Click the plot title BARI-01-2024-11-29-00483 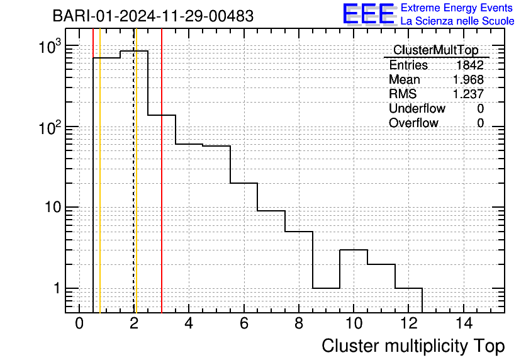click(x=153, y=16)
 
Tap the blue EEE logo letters click(x=368, y=14)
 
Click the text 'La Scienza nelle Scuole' click(x=457, y=21)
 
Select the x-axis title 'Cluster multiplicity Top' click(x=413, y=346)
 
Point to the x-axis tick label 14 click(x=464, y=323)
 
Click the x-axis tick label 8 click(x=299, y=323)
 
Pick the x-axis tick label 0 click(x=79, y=323)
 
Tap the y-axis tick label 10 click(x=53, y=207)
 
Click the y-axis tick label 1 click(x=57, y=288)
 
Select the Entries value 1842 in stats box click(x=469, y=65)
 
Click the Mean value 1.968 click(x=468, y=79)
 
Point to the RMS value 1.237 click(x=468, y=94)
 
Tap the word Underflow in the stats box click(x=417, y=108)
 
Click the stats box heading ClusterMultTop click(x=436, y=50)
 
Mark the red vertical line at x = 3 click(x=162, y=171)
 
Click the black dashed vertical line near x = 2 click(x=134, y=171)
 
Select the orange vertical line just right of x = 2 click(x=137, y=171)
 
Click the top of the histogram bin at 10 click(x=354, y=250)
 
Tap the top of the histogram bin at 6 click(x=244, y=183)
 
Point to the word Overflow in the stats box click(x=413, y=123)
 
